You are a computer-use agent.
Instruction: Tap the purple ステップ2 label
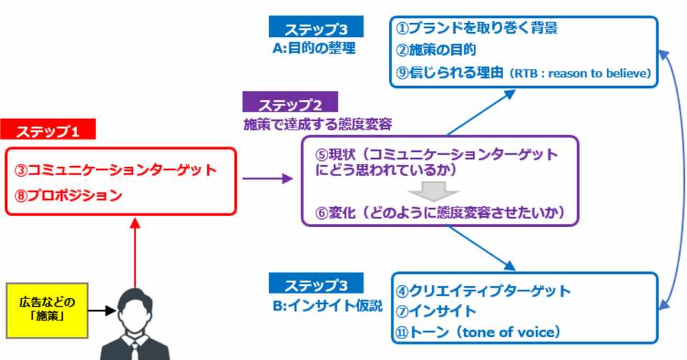(x=289, y=102)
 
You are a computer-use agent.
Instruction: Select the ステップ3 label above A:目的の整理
(x=316, y=28)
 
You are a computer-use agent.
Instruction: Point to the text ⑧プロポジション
(x=69, y=195)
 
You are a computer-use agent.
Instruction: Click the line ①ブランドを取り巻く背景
(x=477, y=29)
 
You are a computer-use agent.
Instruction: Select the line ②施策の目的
(x=438, y=50)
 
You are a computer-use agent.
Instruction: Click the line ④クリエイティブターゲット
(x=484, y=291)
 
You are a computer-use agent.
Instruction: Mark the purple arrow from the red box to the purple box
(x=268, y=178)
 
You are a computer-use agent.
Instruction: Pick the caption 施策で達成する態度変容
(x=319, y=124)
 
